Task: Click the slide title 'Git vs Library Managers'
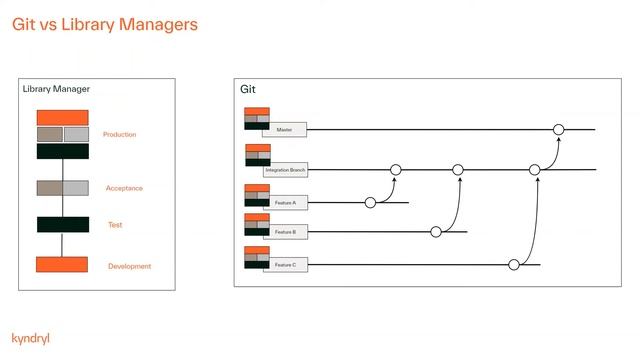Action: point(105,23)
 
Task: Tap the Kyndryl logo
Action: point(30,338)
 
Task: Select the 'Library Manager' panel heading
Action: point(56,90)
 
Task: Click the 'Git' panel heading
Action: point(248,90)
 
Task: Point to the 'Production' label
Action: point(119,134)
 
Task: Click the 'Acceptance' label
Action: point(124,188)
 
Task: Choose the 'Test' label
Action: point(115,225)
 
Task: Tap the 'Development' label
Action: point(129,266)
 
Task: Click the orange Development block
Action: point(62,265)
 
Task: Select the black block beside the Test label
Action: point(62,225)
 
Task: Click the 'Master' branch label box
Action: point(284,130)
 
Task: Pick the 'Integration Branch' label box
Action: point(285,171)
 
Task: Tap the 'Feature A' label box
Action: point(285,203)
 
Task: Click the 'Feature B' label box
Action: point(285,232)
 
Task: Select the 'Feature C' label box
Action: point(285,265)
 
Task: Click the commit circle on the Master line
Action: point(558,130)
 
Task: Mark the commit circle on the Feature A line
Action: point(370,202)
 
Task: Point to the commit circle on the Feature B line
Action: point(436,232)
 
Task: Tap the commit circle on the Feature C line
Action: point(513,265)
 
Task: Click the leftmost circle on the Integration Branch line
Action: point(395,170)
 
